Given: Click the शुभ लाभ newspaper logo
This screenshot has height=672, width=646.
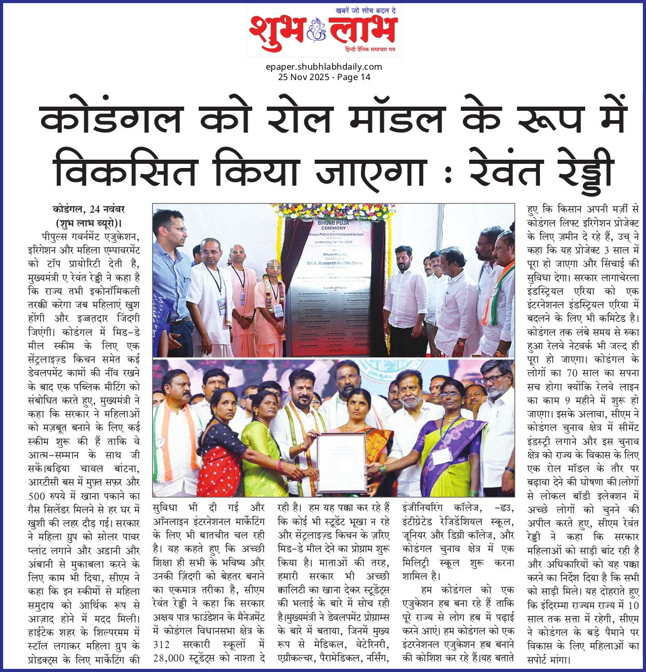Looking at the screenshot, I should point(323,32).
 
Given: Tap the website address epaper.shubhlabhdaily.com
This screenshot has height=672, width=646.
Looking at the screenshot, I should point(324,67).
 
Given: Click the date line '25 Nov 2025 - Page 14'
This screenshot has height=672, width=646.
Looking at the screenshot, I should point(324,77).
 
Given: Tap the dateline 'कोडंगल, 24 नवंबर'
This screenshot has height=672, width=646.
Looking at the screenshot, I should point(88,210).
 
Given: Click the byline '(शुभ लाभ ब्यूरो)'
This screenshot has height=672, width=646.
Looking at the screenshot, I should point(88,223).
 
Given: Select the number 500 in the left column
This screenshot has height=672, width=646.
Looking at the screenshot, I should point(37,496).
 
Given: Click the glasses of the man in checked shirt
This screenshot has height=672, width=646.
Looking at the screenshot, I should point(174,228).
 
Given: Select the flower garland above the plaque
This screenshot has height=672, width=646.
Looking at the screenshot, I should point(333,211).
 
